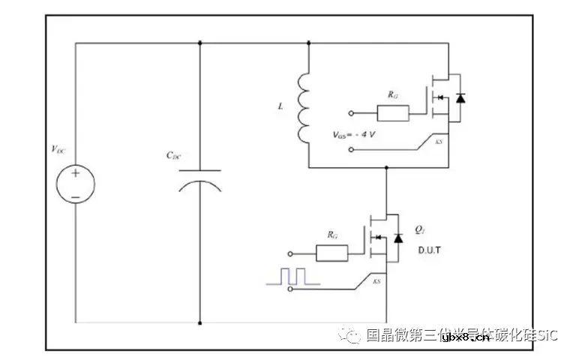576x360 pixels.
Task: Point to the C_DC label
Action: point(174,156)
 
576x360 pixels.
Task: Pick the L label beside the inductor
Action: point(280,107)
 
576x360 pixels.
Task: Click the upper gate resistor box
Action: point(393,114)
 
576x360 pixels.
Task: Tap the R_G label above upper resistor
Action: point(392,96)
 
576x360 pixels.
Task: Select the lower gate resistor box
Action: point(332,253)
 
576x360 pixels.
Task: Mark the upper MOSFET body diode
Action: point(460,97)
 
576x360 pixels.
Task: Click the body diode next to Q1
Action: point(398,238)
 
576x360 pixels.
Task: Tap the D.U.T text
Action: point(429,249)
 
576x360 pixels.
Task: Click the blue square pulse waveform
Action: point(293,277)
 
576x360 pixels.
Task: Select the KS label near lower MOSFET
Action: point(377,282)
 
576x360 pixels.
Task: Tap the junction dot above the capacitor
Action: point(200,43)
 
